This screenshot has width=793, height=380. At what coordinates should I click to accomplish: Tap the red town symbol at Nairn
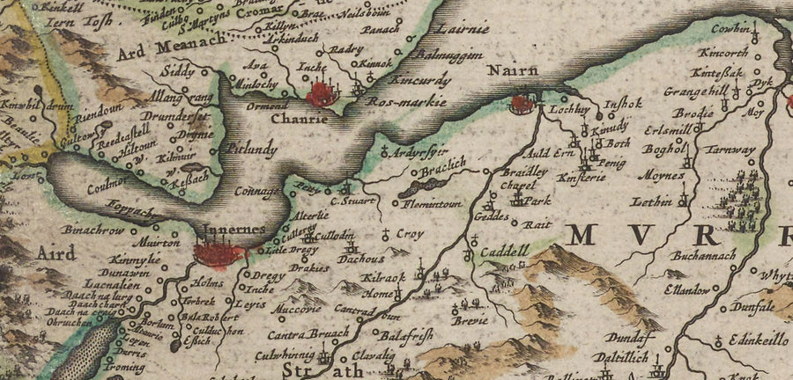tap(523, 105)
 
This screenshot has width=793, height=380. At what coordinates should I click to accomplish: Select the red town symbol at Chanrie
tap(321, 93)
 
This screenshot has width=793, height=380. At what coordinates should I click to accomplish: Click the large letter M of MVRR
tap(589, 235)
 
